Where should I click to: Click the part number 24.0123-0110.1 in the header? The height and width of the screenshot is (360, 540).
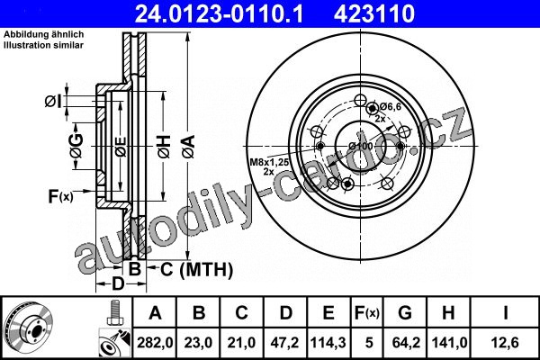click(x=219, y=13)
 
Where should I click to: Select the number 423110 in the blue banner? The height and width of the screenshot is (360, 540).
click(x=374, y=13)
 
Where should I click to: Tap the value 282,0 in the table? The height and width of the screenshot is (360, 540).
click(x=155, y=343)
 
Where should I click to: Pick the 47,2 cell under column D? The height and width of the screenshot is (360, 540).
click(x=285, y=343)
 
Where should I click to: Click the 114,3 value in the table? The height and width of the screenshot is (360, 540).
click(x=328, y=343)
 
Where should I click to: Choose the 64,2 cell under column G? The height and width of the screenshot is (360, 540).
click(x=406, y=343)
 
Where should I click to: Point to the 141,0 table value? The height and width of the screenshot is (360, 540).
click(x=449, y=343)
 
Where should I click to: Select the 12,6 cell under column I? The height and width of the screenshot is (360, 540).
click(x=505, y=343)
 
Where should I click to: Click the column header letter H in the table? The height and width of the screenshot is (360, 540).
click(x=448, y=312)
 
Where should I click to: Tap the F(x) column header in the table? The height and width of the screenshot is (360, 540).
click(x=367, y=313)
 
